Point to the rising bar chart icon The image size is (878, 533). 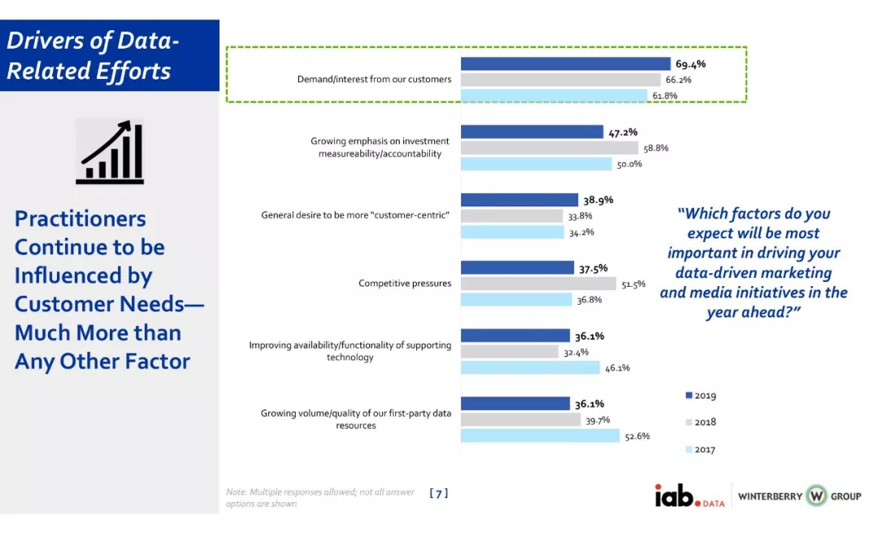pyautogui.click(x=110, y=151)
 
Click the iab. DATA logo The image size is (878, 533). pyautogui.click(x=689, y=495)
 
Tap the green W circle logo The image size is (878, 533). pyautogui.click(x=815, y=495)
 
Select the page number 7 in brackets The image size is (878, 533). pyautogui.click(x=438, y=493)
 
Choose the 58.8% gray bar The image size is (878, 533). pyautogui.click(x=549, y=148)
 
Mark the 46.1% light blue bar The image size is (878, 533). pyautogui.click(x=531, y=367)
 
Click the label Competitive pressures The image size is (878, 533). pyautogui.click(x=405, y=284)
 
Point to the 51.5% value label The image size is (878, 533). pyautogui.click(x=633, y=284)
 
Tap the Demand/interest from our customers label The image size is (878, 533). pyautogui.click(x=374, y=80)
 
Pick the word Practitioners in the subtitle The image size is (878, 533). pyautogui.click(x=80, y=219)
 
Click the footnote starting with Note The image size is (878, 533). pyautogui.click(x=319, y=498)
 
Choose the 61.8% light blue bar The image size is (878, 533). pyautogui.click(x=559, y=95)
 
